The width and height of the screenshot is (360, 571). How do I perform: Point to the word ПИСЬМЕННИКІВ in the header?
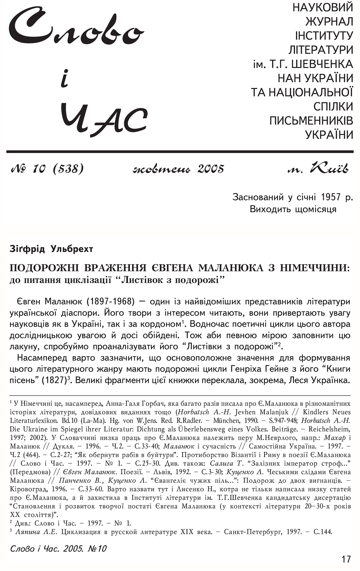[x=311, y=121]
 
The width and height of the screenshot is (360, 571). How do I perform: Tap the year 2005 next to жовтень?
[x=211, y=169]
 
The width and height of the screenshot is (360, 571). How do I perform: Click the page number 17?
[x=346, y=559]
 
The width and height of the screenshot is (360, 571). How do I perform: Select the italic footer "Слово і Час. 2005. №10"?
[x=58, y=548]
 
